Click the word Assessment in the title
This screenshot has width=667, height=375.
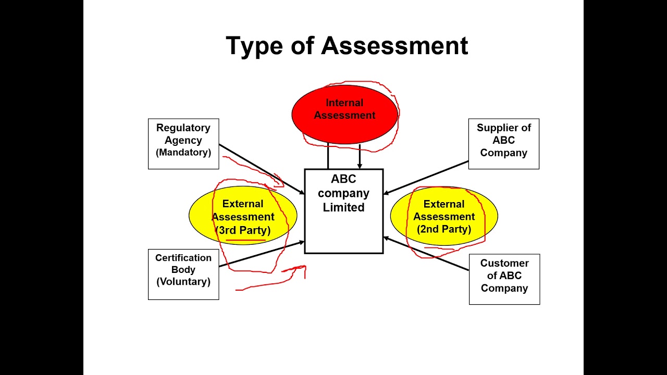pyautogui.click(x=394, y=46)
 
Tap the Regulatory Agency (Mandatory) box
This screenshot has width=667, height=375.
pyautogui.click(x=183, y=144)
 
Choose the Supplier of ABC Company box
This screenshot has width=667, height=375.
pyautogui.click(x=504, y=144)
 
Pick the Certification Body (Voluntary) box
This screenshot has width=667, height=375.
pyautogui.click(x=183, y=275)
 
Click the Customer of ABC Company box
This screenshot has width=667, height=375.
pyautogui.click(x=504, y=279)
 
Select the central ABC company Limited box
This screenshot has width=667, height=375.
pyautogui.click(x=344, y=229)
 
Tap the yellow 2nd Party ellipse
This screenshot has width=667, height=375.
pyautogui.click(x=444, y=216)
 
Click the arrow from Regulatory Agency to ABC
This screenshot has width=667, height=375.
pyautogui.click(x=261, y=169)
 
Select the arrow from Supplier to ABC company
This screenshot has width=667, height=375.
pyautogui.click(x=427, y=177)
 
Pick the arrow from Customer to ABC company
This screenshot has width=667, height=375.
pyautogui.click(x=427, y=254)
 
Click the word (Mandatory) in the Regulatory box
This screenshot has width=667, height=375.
pyautogui.click(x=183, y=153)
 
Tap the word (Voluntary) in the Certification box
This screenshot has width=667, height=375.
pyautogui.click(x=183, y=282)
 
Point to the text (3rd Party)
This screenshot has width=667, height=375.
pyautogui.click(x=243, y=230)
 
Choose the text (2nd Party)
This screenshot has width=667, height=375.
pyautogui.click(x=444, y=229)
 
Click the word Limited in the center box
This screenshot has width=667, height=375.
pyautogui.click(x=343, y=207)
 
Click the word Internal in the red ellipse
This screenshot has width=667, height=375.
pyautogui.click(x=344, y=103)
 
